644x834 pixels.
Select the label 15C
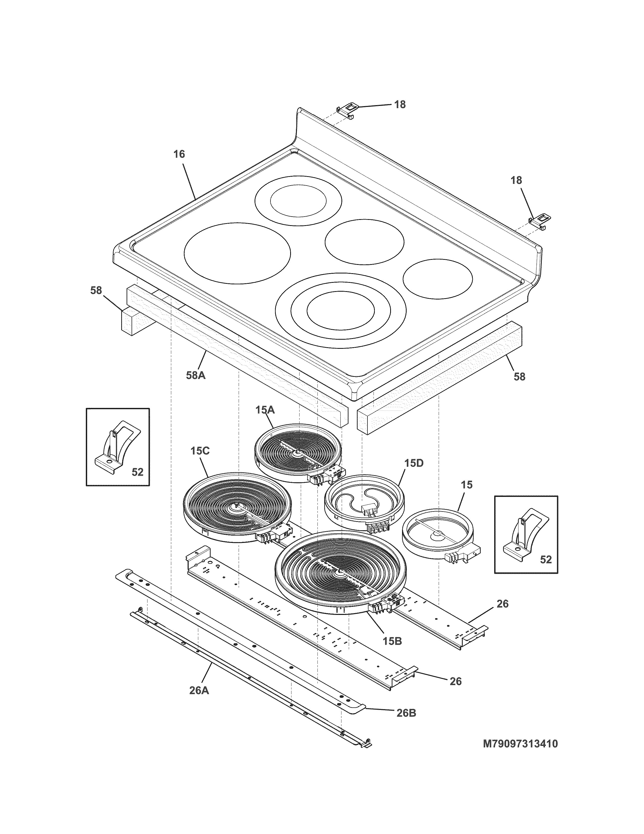[200, 451]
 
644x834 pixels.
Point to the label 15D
[414, 463]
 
